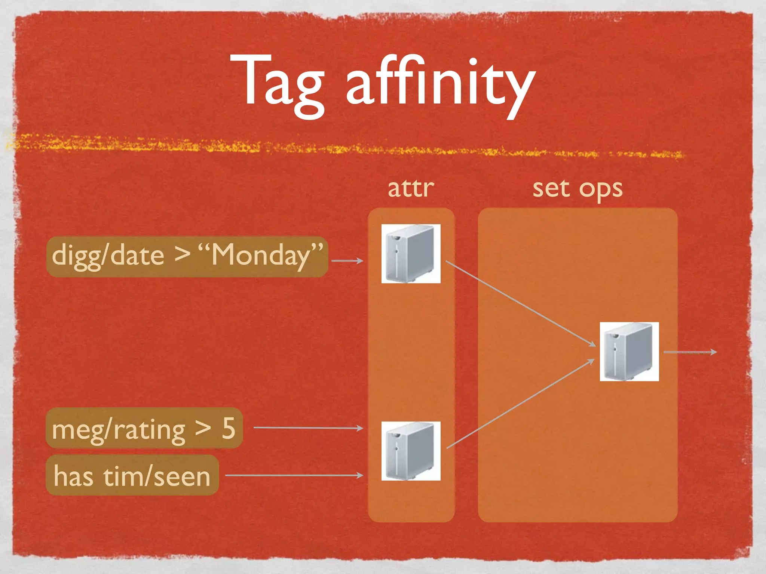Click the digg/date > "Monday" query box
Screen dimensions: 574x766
tap(187, 256)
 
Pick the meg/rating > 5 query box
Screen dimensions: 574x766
tap(144, 428)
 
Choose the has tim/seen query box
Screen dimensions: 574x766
tap(132, 475)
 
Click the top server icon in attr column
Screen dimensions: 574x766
tap(411, 254)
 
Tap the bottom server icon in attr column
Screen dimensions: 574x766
tap(411, 451)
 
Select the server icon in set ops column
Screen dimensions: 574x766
tap(629, 352)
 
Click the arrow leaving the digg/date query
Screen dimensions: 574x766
tap(347, 260)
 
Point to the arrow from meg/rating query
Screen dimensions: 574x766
tap(308, 428)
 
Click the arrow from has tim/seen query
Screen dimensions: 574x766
tap(294, 475)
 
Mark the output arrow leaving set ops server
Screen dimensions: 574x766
tap(690, 352)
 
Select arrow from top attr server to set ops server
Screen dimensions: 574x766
tap(520, 303)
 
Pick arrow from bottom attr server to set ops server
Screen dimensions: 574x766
tap(520, 404)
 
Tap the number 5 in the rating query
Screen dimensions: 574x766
tap(229, 428)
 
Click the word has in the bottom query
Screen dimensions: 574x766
tap(73, 476)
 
